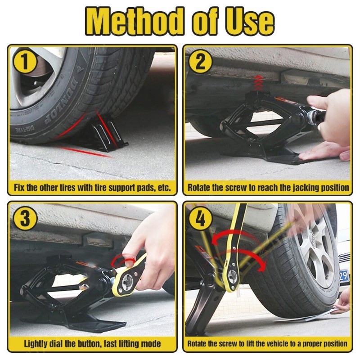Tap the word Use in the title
[250, 22]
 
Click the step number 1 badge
[25, 62]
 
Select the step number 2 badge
[200, 62]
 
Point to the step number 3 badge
[25, 218]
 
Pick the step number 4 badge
[200, 218]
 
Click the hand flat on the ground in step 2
[324, 152]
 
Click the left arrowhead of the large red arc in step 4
[216, 241]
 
